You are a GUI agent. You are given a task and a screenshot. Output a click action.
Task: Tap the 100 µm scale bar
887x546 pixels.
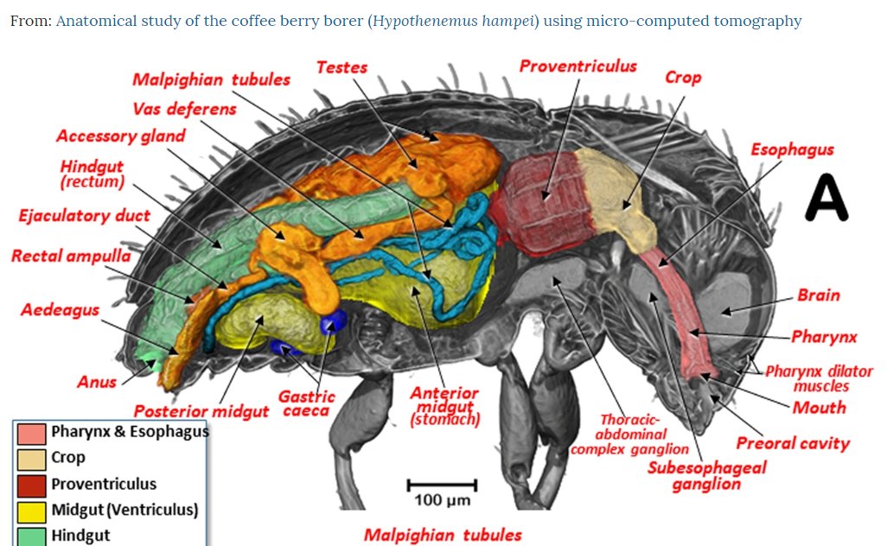click(442, 485)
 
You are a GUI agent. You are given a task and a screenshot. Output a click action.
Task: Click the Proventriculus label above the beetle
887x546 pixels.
click(578, 67)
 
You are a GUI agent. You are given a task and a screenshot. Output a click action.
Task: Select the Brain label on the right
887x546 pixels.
click(818, 295)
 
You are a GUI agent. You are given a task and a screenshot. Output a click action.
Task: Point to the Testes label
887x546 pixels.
click(341, 67)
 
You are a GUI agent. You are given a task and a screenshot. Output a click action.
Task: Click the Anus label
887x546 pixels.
click(96, 382)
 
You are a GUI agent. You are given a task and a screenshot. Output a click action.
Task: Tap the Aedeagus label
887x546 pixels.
click(60, 309)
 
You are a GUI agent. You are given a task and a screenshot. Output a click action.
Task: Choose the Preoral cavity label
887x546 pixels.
click(792, 444)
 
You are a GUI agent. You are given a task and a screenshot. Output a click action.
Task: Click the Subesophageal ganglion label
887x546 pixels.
click(706, 475)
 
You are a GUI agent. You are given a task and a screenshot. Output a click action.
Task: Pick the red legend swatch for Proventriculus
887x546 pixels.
click(30, 484)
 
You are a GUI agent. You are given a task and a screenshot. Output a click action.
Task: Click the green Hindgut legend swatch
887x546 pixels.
click(30, 536)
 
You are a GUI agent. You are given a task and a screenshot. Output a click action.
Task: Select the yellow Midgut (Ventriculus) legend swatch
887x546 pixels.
click(30, 510)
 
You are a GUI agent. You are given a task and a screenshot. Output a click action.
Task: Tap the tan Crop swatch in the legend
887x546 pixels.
click(30, 458)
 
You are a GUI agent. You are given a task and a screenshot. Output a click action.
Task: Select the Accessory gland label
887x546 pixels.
click(120, 136)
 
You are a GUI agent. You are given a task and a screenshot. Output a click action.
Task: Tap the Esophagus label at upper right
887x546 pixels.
click(792, 149)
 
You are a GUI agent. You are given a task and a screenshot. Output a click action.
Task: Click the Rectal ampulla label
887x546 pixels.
click(71, 256)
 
